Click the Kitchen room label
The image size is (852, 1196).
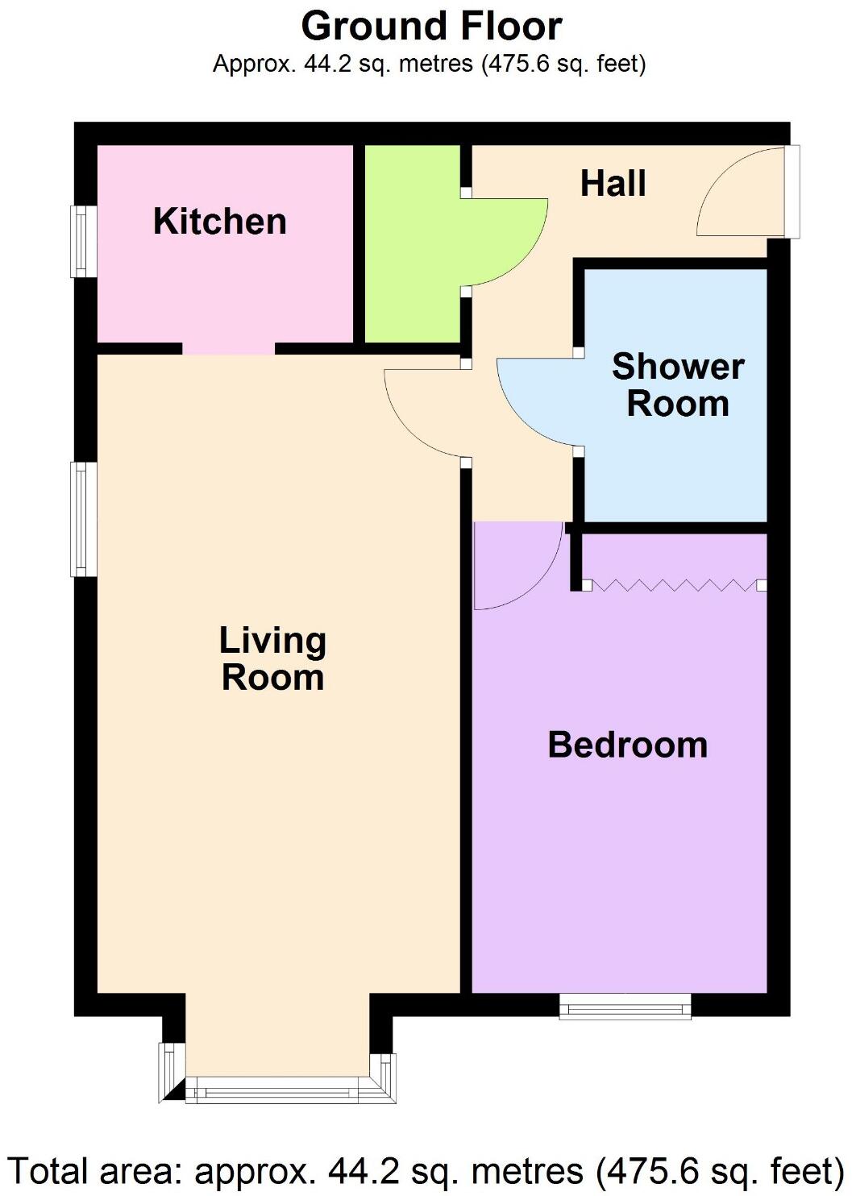tap(219, 222)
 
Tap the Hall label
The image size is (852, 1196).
tap(613, 184)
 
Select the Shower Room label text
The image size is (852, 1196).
tap(677, 385)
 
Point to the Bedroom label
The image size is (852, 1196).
tap(627, 745)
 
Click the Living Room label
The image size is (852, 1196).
tap(272, 659)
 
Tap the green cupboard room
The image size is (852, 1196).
tap(412, 242)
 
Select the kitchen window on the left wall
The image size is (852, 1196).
tap(83, 241)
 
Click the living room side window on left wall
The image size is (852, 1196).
tap(83, 519)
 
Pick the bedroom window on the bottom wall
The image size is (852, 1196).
tap(625, 1006)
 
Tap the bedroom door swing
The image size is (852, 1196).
tap(514, 564)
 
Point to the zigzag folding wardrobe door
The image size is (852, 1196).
tap(673, 584)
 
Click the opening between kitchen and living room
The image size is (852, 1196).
tap(229, 349)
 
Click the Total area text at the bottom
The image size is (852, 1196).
tap(426, 1171)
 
